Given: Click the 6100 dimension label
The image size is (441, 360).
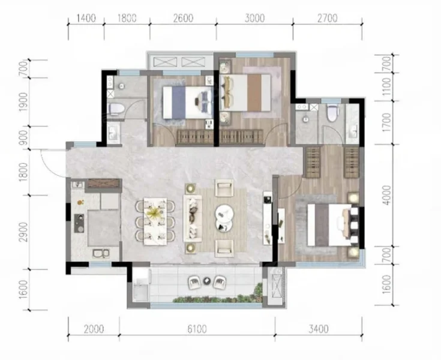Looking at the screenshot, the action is point(197,329).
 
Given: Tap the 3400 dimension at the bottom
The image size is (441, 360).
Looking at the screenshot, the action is point(319,329).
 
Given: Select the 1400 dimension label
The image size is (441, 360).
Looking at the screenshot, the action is point(86,18).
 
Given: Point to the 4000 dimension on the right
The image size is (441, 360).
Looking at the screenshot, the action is point(388,195).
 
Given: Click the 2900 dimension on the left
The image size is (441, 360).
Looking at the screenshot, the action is point(23,232).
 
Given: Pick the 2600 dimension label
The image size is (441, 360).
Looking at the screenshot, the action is point(183,18).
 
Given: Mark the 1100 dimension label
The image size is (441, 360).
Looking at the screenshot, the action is point(388,86).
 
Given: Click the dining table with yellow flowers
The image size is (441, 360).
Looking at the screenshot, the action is point(155,221).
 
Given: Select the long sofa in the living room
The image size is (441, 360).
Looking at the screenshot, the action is point(193,218).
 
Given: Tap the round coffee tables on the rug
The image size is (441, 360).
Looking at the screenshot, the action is point(224,217).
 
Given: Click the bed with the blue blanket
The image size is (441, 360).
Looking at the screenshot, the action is point(187,102).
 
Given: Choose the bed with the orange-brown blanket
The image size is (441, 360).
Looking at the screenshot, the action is point(246,92).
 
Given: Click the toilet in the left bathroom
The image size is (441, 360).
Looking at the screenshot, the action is point(115,109).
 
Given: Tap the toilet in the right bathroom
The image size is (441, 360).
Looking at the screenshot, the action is point(332,113).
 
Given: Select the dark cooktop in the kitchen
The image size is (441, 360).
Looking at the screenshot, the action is point(79,223).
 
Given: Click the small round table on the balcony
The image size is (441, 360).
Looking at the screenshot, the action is point(207,280).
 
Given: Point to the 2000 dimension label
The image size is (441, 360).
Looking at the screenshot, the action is point(94,329).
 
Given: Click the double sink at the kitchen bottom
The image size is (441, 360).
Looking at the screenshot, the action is point(101,253).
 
